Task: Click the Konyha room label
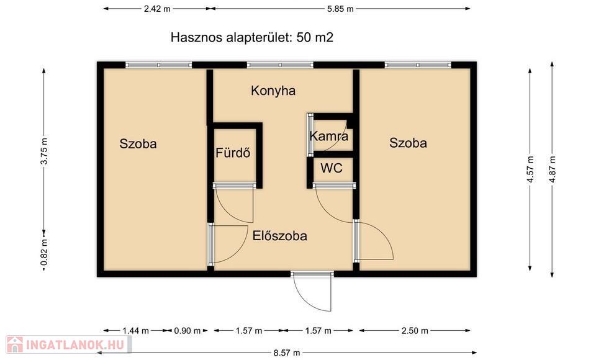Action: [x=273, y=91]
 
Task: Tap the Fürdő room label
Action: [x=233, y=153]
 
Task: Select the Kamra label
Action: [x=329, y=136]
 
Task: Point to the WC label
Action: [x=332, y=168]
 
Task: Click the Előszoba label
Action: [x=280, y=236]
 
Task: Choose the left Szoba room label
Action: [x=138, y=144]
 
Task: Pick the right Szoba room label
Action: [x=408, y=143]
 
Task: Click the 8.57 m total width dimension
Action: [x=287, y=353]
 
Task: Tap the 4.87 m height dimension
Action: [x=553, y=169]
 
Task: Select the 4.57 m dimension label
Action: [x=531, y=169]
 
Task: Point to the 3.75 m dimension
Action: [x=44, y=151]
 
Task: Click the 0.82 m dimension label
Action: [x=44, y=253]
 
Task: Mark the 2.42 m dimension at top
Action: [x=157, y=9]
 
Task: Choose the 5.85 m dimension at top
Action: [x=340, y=9]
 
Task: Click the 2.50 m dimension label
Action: [x=415, y=331]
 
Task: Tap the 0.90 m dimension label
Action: [x=187, y=331]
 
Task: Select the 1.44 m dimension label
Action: [x=136, y=331]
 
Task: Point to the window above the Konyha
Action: [x=280, y=65]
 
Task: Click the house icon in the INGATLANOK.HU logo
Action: [x=14, y=344]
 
